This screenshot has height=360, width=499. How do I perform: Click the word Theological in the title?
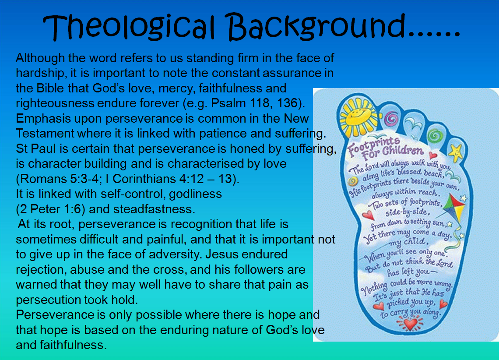(129, 27)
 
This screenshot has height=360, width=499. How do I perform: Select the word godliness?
(195, 194)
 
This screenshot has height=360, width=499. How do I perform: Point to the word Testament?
(45, 134)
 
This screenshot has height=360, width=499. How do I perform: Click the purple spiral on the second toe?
(391, 120)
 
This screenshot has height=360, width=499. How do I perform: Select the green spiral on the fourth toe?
(435, 136)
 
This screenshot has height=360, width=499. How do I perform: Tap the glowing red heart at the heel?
(410, 324)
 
